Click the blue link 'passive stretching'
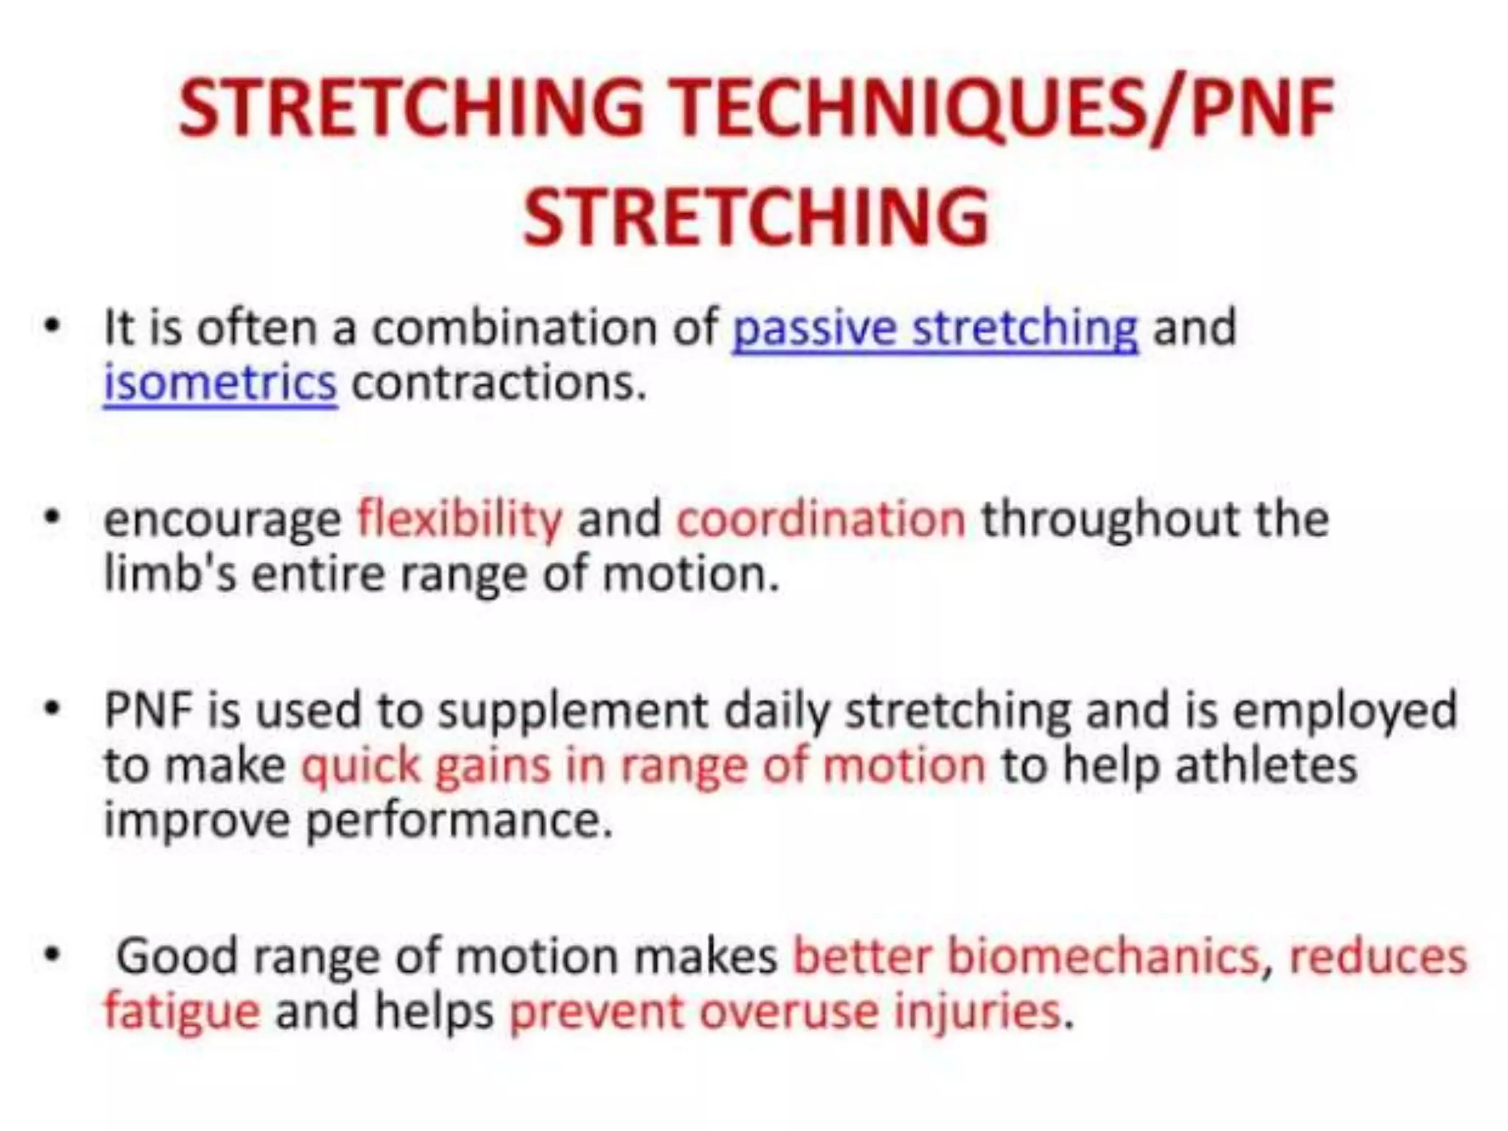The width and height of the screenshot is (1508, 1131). tap(935, 328)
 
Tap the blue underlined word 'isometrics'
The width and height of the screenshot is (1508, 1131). tap(219, 384)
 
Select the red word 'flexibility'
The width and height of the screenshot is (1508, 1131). tap(459, 519)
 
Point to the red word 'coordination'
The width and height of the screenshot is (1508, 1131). tap(820, 519)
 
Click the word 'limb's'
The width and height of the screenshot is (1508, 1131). tap(170, 573)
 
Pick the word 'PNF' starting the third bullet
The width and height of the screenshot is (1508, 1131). tap(147, 711)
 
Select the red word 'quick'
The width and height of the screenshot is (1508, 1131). tap(360, 767)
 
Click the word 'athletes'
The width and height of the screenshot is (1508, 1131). tap(1266, 766)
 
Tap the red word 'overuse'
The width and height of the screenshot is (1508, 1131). tap(789, 1011)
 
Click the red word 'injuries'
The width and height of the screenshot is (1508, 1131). tap(977, 1011)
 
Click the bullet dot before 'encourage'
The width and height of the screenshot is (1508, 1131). tap(52, 518)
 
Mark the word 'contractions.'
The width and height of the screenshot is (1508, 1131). tap(499, 384)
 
